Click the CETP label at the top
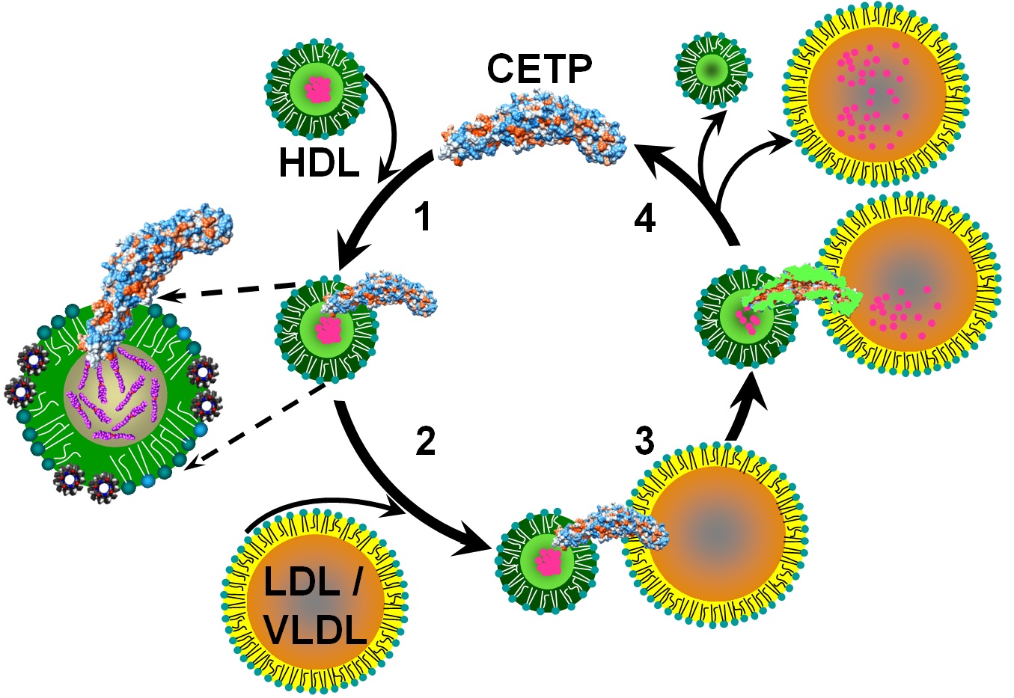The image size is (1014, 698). [539, 69]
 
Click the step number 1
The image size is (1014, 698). [424, 217]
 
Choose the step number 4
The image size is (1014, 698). [644, 218]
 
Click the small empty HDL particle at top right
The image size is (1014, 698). [712, 70]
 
